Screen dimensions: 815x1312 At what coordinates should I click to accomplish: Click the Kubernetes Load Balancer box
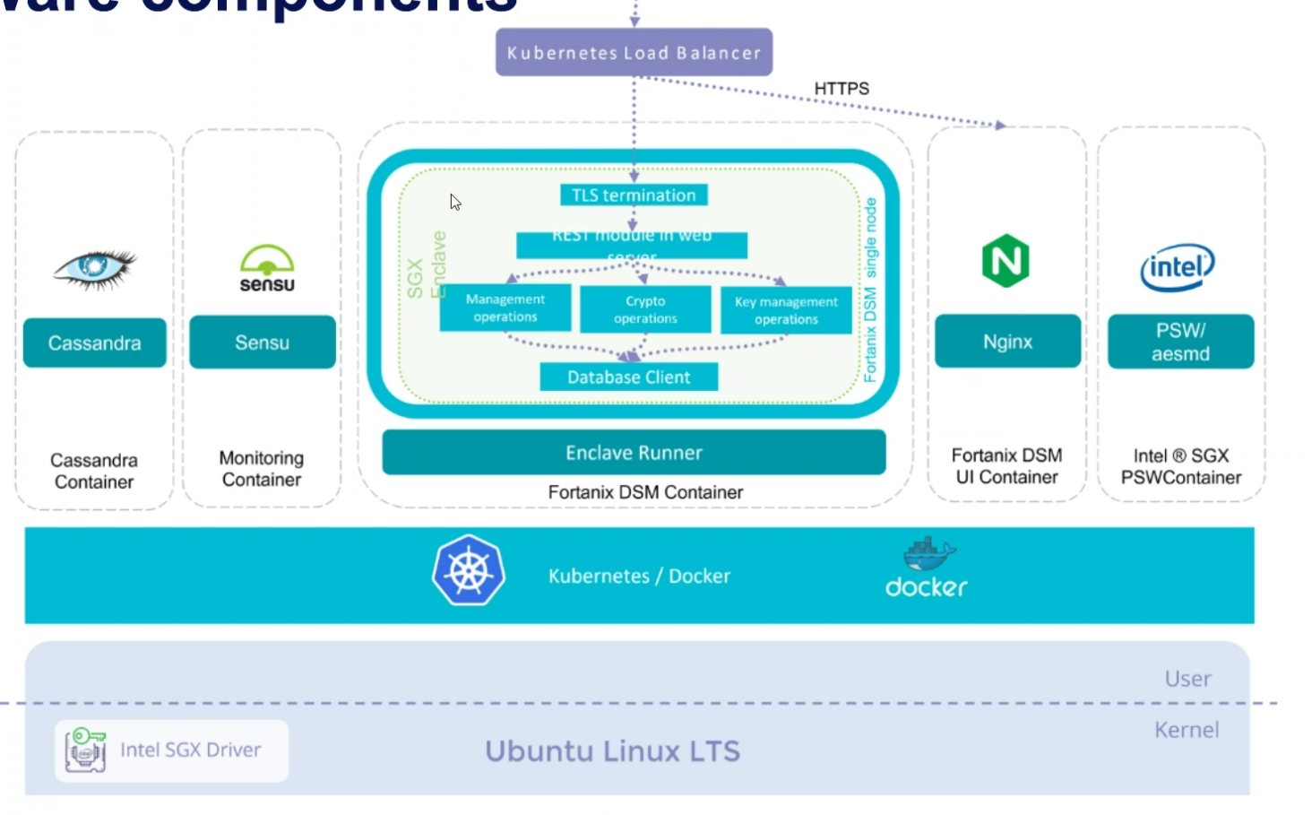(634, 52)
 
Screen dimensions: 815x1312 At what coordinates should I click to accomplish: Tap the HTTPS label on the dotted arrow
(842, 89)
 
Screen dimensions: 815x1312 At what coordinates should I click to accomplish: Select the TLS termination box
(634, 195)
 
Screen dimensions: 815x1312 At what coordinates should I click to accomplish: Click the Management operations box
(505, 308)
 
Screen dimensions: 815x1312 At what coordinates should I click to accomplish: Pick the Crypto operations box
(645, 309)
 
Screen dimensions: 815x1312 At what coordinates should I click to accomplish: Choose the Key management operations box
(786, 310)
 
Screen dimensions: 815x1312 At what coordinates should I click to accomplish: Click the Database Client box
(628, 377)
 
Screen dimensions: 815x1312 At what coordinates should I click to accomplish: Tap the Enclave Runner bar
(634, 453)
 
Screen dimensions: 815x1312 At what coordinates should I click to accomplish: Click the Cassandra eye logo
(94, 268)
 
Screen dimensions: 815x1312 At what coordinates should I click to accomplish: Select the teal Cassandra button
(94, 342)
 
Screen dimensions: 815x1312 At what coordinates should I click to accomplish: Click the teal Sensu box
(263, 342)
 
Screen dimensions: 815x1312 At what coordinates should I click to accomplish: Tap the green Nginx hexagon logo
(1006, 261)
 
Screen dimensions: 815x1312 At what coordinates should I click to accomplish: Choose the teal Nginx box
(1007, 342)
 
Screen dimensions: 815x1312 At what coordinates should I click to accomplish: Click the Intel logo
(1178, 267)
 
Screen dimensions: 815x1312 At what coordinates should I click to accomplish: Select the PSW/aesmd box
(1180, 342)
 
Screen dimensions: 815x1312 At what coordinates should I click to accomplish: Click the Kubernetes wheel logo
(469, 571)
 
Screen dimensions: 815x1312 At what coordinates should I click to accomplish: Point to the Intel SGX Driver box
(171, 750)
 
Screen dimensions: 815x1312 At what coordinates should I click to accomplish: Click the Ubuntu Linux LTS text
(613, 751)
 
